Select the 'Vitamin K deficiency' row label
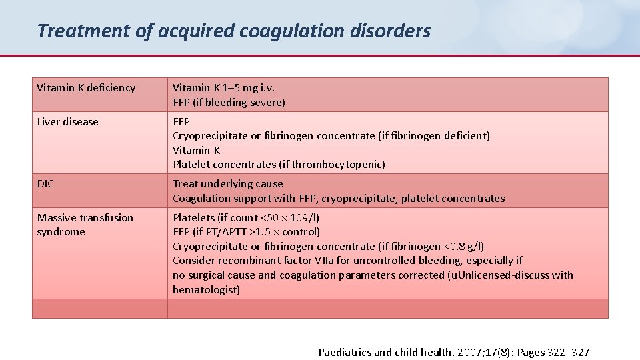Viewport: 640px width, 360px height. click(x=86, y=88)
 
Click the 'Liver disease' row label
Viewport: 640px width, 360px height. click(x=67, y=122)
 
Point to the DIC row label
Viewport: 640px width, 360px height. click(x=45, y=184)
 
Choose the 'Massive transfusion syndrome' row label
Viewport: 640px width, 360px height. click(x=85, y=225)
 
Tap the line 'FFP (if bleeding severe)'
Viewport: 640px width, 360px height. click(x=229, y=103)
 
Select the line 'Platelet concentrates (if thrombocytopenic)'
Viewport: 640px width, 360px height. click(x=279, y=165)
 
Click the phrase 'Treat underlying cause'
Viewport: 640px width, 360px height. click(x=228, y=184)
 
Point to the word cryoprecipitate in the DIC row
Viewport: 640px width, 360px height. click(x=355, y=199)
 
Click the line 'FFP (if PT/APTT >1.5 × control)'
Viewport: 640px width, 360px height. click(x=246, y=232)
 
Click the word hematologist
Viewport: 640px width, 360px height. click(x=206, y=290)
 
